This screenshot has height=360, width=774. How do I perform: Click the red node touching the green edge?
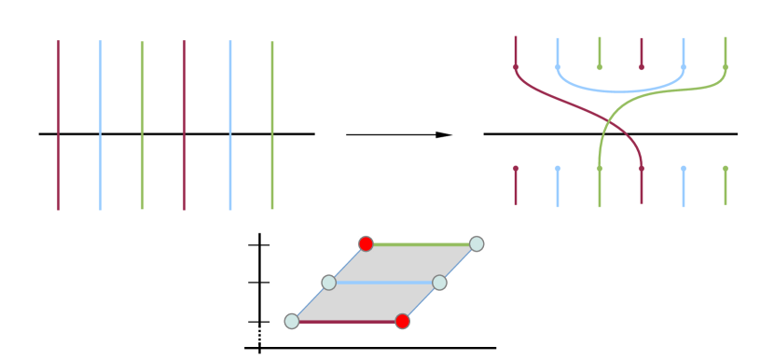pyautogui.click(x=366, y=243)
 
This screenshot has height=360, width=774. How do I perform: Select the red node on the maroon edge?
pyautogui.click(x=402, y=321)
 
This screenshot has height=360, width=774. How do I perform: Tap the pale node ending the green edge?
pyautogui.click(x=477, y=243)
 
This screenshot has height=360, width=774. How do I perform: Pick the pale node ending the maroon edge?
pyautogui.click(x=292, y=321)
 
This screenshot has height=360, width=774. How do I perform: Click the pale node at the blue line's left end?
pyautogui.click(x=328, y=282)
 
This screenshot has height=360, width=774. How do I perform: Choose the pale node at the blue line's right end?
pyautogui.click(x=439, y=282)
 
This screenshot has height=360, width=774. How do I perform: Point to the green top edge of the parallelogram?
pyautogui.click(x=421, y=244)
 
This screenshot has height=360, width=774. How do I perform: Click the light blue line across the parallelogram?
pyautogui.click(x=383, y=282)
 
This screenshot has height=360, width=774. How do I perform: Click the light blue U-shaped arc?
pyautogui.click(x=620, y=91)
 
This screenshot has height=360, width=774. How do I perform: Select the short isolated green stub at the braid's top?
pyautogui.click(x=600, y=52)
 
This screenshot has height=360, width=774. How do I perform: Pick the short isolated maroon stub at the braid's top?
pyautogui.click(x=642, y=52)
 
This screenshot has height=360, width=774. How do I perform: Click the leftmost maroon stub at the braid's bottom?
pyautogui.click(x=516, y=186)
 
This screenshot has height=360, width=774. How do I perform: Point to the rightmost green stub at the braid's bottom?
pyautogui.click(x=726, y=186)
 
